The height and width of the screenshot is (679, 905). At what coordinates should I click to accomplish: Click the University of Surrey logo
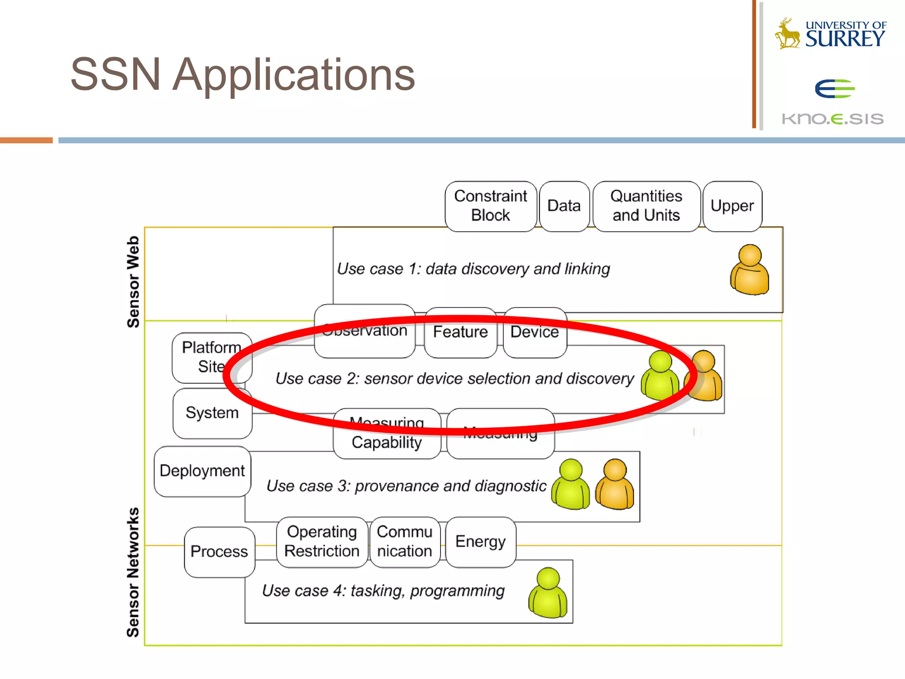click(831, 34)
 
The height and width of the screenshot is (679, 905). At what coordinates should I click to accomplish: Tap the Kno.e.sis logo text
click(833, 118)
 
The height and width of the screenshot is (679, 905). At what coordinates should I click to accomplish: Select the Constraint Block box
click(491, 206)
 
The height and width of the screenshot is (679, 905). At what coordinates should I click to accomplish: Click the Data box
click(564, 206)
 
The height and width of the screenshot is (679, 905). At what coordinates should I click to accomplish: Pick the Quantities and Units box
click(646, 206)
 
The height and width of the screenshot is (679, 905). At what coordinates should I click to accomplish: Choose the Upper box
click(732, 206)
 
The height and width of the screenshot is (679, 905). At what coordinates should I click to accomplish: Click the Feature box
click(460, 332)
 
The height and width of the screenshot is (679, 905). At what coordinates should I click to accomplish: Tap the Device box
click(535, 332)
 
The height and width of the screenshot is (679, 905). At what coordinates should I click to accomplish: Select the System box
click(212, 413)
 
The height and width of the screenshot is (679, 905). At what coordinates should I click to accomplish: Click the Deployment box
click(202, 471)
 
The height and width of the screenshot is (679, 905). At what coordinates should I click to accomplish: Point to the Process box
click(219, 552)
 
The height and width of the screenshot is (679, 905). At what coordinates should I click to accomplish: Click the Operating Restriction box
click(322, 542)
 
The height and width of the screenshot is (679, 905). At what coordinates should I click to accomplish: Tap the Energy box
click(480, 542)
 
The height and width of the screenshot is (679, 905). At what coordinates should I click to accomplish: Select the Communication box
click(404, 542)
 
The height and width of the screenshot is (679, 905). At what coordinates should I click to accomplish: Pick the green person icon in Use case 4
click(548, 593)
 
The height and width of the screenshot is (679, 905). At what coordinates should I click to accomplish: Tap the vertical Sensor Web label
click(133, 282)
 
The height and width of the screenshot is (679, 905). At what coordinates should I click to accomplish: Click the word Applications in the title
click(293, 75)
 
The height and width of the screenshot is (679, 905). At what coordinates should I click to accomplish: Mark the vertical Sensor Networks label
click(133, 572)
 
